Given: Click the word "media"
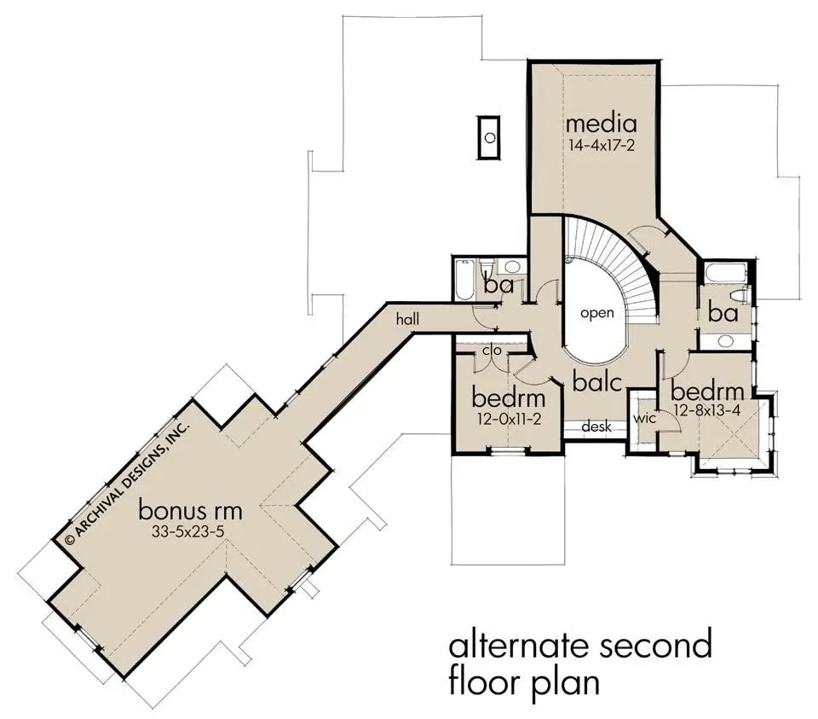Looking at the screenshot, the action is pos(601,123).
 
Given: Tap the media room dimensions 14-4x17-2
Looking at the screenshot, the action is pos(601,145).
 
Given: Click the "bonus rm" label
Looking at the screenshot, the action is pos(190,509).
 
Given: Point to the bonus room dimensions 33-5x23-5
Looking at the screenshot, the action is pos(187,531).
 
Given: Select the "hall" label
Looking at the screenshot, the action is pos(407,318).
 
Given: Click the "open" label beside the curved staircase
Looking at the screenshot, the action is pos(596,313).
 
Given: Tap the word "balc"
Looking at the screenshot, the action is pos(597,381).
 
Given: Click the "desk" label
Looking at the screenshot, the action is pos(596,426).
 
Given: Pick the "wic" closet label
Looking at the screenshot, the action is pos(644,419).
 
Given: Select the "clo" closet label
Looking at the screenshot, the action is pos(492,350).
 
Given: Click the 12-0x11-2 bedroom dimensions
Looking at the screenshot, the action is pos(509,419).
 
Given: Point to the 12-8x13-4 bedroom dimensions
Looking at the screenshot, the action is pos(707,411).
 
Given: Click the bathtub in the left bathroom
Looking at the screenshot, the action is pos(464,280).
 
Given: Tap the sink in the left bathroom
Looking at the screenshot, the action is pos(511,267).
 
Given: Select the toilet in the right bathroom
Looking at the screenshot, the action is pos(740,296).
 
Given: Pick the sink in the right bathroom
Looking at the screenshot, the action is pos(724,341).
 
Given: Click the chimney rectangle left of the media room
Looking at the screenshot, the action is pos(489,138).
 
